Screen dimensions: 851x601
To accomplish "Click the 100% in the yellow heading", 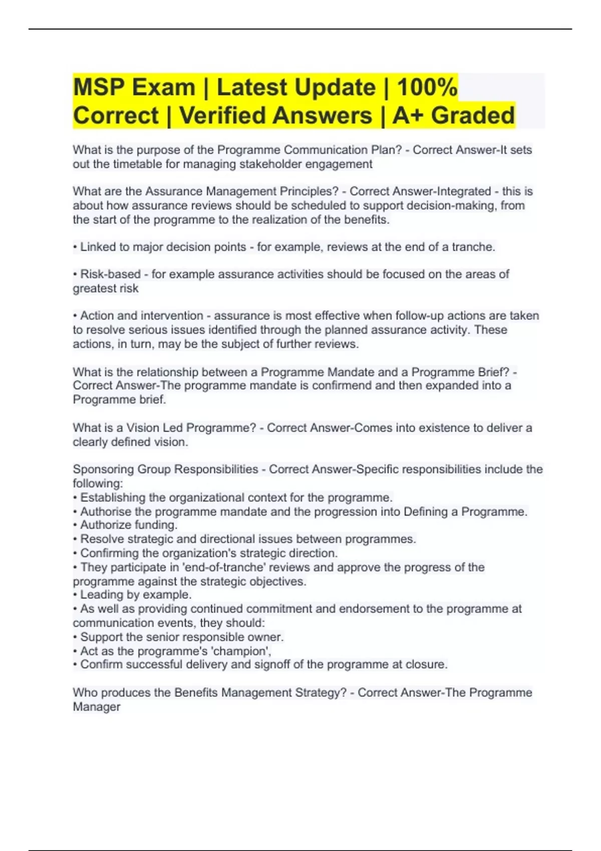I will pyautogui.click(x=427, y=87).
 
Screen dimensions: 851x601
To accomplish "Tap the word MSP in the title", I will pyautogui.click(x=98, y=87).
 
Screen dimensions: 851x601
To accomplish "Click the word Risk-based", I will pyautogui.click(x=110, y=274).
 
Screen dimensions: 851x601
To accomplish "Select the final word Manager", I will pyautogui.click(x=97, y=707).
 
